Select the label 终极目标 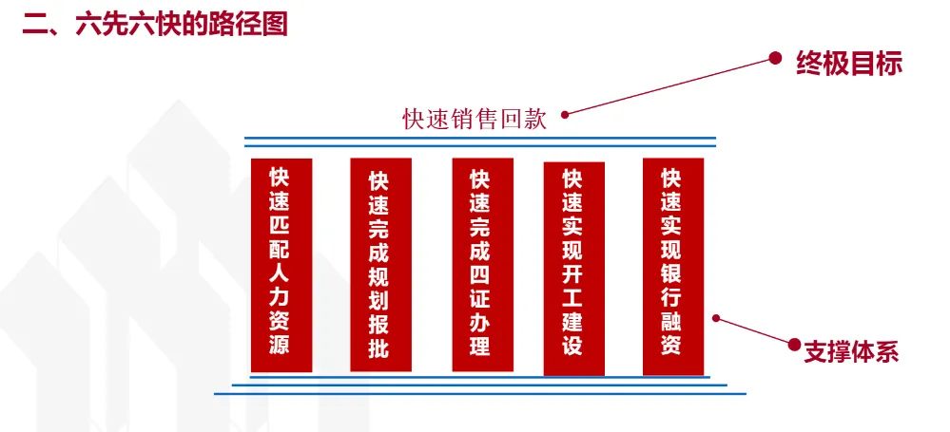coord(849,65)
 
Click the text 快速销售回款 coord(475,120)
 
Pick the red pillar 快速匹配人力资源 coord(280,265)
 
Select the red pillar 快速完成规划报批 coord(378,265)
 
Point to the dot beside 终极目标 coord(775,57)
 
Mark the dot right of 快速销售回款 coord(565,115)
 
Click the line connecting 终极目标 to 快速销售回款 coord(670,85)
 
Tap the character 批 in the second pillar coord(378,347)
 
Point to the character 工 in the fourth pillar coord(572,289)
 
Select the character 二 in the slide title coord(36,24)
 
